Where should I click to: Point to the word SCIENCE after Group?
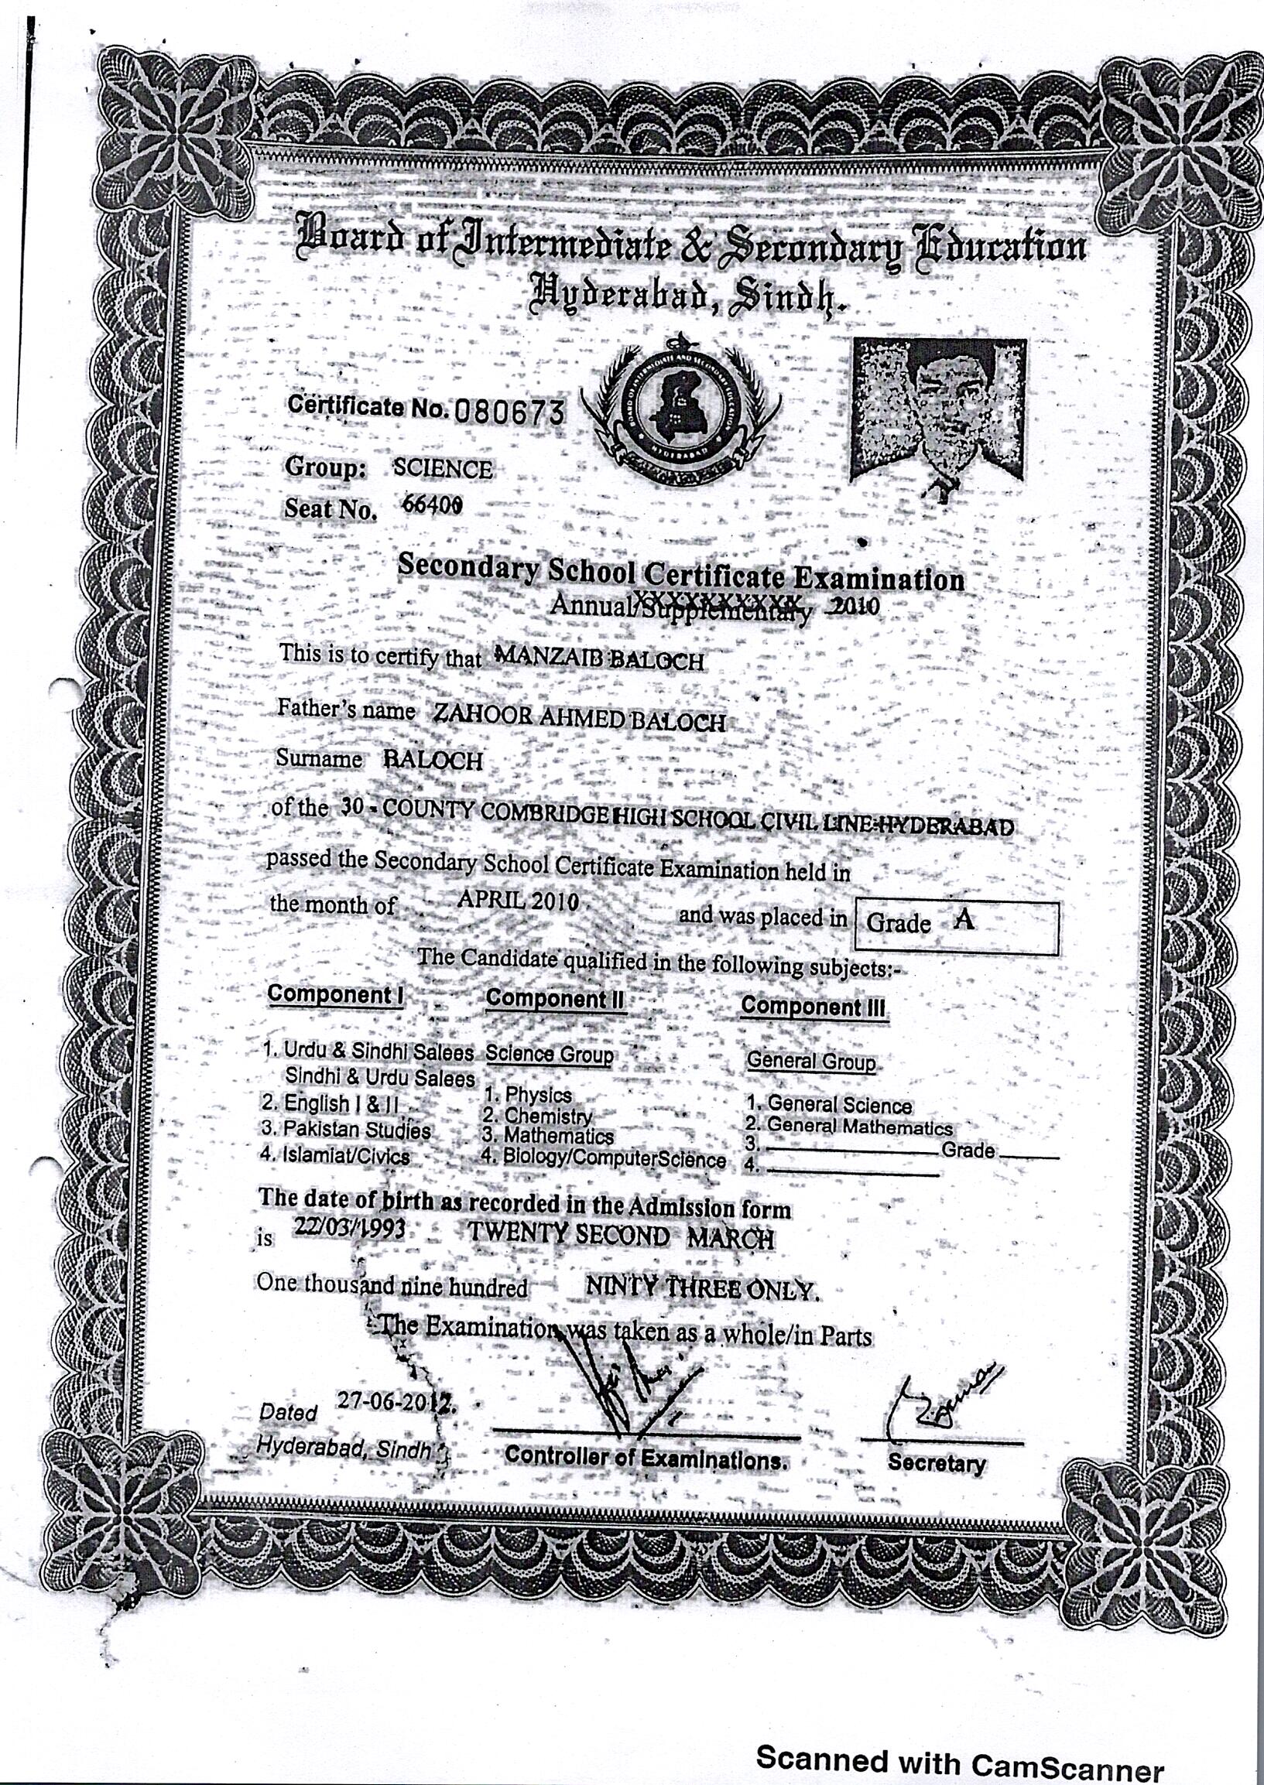(442, 468)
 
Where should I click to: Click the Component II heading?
(556, 998)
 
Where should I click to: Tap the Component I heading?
(334, 993)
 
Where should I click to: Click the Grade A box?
(956, 926)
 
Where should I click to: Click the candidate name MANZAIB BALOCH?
(598, 659)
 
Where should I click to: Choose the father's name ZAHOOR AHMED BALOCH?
(577, 720)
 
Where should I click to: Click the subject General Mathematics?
(858, 1127)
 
